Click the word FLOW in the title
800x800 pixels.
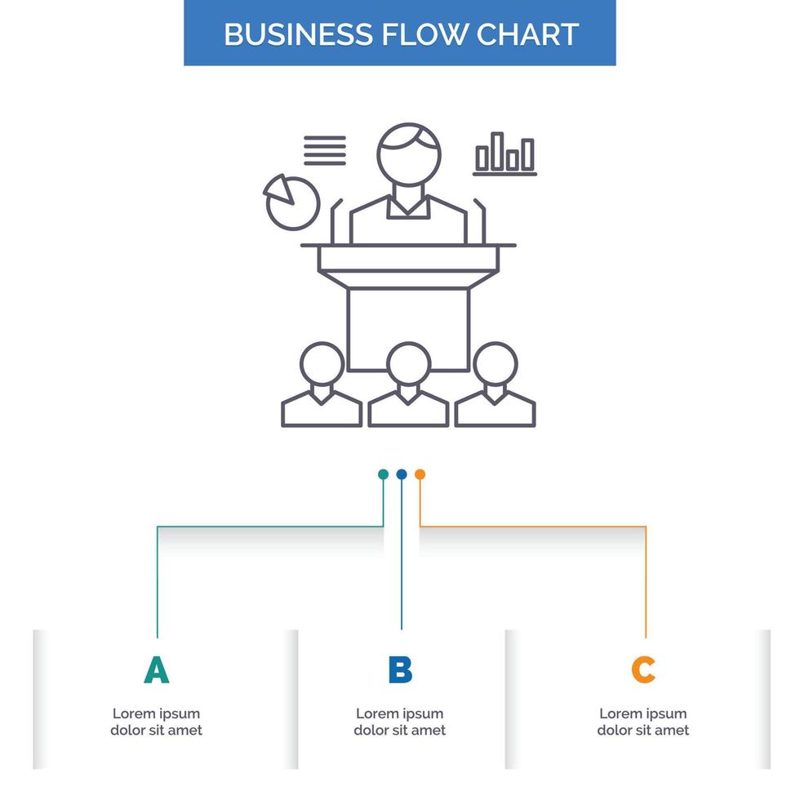421,34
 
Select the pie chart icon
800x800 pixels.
291,201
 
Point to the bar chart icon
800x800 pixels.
505,154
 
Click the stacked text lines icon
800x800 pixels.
325,150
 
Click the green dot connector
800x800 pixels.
383,474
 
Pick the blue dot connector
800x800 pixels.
402,474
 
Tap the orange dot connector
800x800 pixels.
420,474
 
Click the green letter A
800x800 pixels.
156,670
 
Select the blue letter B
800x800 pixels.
400,670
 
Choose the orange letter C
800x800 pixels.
643,670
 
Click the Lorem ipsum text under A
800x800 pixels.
156,722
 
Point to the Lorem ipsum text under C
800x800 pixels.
643,722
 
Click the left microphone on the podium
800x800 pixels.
335,220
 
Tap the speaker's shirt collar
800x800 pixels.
408,207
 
